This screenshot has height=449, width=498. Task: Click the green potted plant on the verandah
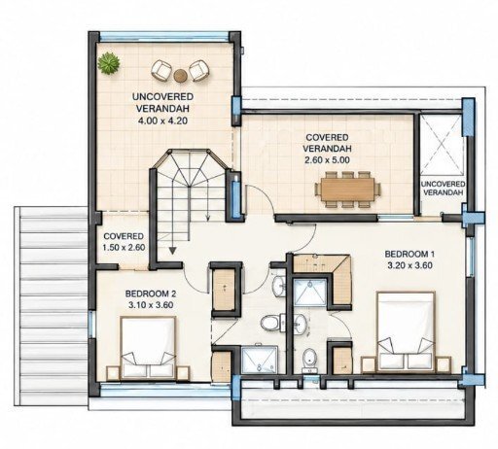pos(109,63)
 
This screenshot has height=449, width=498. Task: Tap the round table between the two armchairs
pos(181,76)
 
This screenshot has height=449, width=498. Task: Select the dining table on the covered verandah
pos(347,190)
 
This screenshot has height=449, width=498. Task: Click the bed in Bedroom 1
pos(406,331)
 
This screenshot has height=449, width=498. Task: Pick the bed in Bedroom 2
pos(148,347)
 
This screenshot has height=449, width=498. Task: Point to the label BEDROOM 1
pos(409,255)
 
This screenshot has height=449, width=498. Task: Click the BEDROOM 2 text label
pos(151,294)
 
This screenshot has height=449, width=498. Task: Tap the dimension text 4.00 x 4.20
pos(163,121)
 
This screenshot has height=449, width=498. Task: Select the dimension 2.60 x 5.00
pos(327,160)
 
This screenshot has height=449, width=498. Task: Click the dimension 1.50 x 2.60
pos(124,248)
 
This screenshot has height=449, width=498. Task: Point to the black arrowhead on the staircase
pos(172,250)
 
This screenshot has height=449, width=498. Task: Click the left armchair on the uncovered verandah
pos(161,70)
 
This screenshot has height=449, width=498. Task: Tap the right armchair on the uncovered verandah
pos(198,71)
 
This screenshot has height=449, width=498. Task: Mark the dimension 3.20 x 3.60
pos(409,265)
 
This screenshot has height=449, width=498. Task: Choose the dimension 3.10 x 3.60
pos(151,305)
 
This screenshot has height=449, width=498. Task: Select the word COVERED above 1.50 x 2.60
pos(124,236)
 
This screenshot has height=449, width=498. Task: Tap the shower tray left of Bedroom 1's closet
pos(310,293)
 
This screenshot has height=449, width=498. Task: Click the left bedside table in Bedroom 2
pos(113,372)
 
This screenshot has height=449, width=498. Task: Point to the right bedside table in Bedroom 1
pos(443,364)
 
